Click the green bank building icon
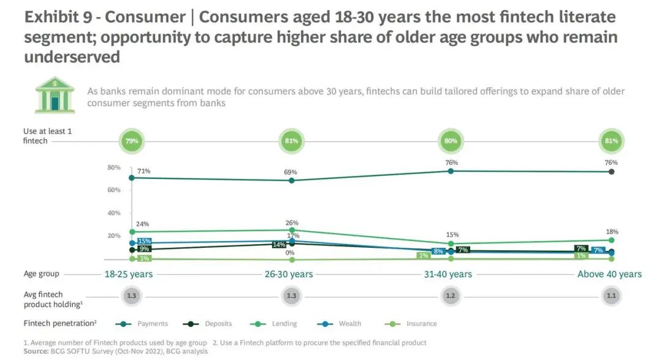click(x=55, y=94)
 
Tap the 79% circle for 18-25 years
click(x=131, y=141)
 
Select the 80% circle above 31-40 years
click(x=451, y=141)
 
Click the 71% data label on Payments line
click(x=144, y=170)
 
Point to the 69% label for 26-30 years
click(x=291, y=172)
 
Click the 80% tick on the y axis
click(x=113, y=167)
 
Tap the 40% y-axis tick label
click(x=113, y=213)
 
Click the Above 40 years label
click(x=609, y=274)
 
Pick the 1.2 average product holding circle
click(x=451, y=296)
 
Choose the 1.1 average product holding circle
click(x=611, y=296)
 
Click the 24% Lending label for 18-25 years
click(x=143, y=224)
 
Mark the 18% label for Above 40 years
click(x=612, y=232)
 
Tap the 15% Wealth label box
click(x=145, y=241)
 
